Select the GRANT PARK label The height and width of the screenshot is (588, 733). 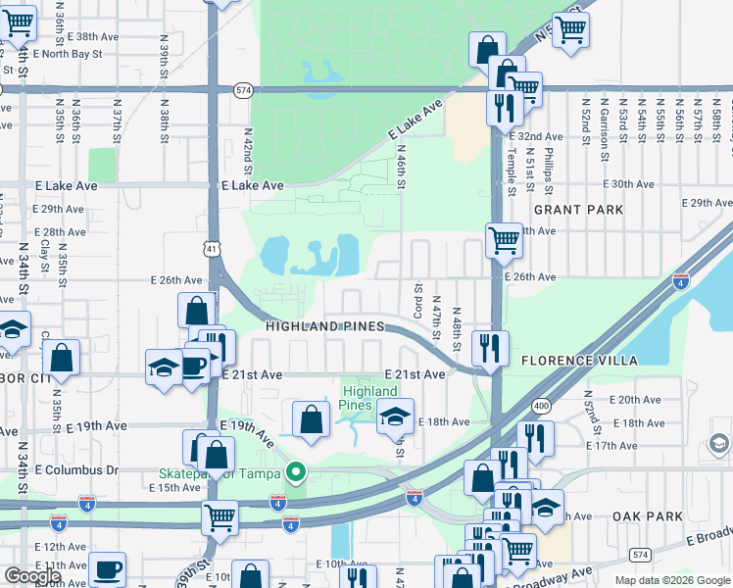(x=579, y=210)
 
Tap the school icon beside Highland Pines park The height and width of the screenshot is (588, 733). (x=395, y=416)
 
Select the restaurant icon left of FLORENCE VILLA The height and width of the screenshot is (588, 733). (x=489, y=348)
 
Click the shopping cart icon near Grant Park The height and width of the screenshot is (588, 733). (x=504, y=238)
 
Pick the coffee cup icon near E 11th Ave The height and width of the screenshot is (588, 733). (x=107, y=568)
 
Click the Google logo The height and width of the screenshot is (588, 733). (x=33, y=576)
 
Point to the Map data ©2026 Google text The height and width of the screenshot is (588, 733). (x=671, y=580)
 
